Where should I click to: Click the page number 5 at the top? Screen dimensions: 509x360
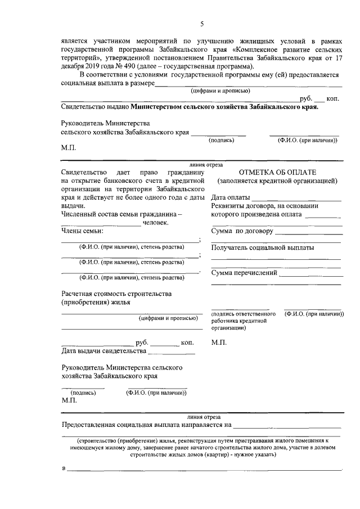click(x=201, y=23)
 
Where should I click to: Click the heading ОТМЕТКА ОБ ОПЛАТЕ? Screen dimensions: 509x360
click(x=277, y=172)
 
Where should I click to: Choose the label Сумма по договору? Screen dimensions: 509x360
click(x=242, y=231)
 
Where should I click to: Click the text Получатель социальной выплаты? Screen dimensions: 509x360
click(x=262, y=247)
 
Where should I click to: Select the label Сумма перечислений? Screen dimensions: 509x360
click(x=244, y=273)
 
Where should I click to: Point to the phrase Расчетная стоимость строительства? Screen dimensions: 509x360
click(x=116, y=294)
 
